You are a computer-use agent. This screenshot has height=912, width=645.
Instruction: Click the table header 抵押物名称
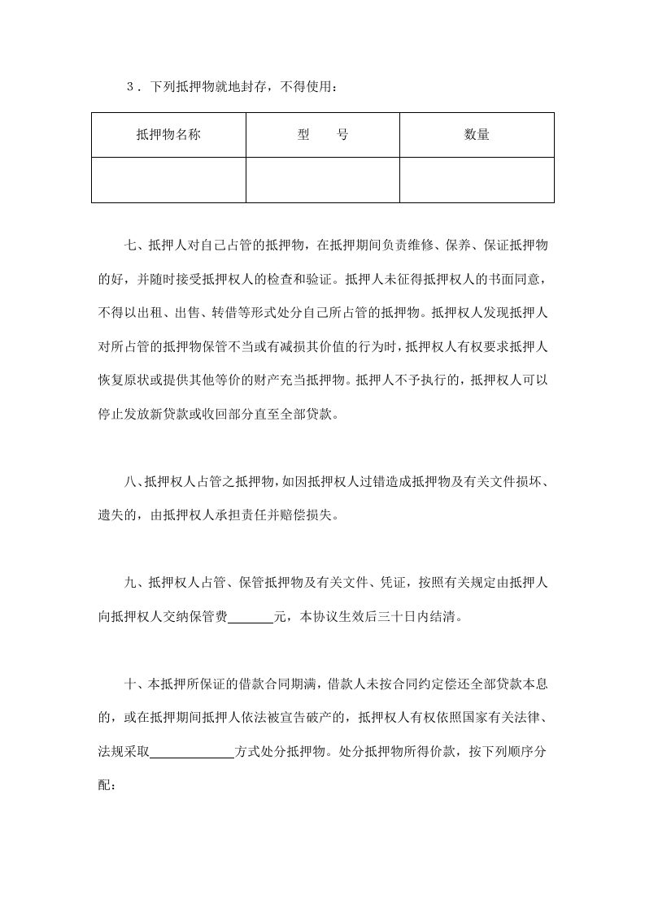(168, 135)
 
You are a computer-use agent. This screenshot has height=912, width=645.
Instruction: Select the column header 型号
(323, 135)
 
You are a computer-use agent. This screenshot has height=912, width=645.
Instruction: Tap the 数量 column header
(477, 135)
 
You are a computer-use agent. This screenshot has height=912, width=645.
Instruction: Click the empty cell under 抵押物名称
(168, 180)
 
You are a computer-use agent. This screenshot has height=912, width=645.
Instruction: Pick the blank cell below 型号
(323, 180)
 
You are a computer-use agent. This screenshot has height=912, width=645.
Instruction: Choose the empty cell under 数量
(477, 180)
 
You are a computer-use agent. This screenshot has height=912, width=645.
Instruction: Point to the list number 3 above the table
(131, 88)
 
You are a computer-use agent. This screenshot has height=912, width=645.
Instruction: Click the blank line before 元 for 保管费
(251, 616)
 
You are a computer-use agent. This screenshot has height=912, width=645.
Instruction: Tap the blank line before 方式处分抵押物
(192, 752)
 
